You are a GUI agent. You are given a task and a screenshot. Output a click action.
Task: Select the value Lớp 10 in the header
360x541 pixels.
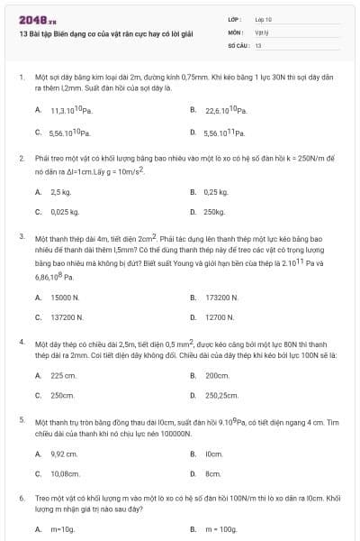tap(263, 19)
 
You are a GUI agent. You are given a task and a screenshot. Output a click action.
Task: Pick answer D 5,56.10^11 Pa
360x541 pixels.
tap(225, 133)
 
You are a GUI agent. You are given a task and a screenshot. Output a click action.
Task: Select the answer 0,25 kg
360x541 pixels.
tap(216, 192)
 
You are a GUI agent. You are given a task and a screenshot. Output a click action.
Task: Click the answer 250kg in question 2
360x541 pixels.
tap(214, 213)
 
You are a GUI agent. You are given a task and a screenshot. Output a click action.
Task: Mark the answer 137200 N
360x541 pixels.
tap(67, 317)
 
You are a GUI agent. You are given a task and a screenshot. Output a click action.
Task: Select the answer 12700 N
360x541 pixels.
tap(220, 317)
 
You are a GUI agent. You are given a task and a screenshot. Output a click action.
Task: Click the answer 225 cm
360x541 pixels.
tap(63, 375)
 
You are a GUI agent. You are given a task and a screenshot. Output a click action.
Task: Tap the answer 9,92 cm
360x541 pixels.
tap(65, 454)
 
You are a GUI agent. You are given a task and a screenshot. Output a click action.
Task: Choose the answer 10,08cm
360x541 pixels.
tap(67, 473)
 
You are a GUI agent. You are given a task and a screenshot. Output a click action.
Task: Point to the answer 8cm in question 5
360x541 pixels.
tap(213, 473)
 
